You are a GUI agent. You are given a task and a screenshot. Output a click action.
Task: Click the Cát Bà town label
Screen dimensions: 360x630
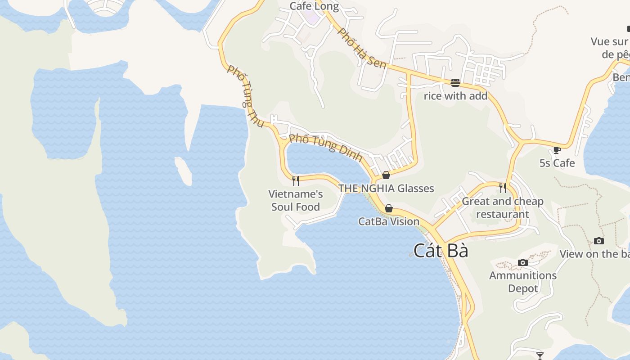441,251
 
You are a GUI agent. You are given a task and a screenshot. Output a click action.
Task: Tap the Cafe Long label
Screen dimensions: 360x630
314,6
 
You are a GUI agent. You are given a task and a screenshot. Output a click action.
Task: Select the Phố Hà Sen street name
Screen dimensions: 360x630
362,48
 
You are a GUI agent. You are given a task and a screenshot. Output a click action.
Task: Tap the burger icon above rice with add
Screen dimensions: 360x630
455,83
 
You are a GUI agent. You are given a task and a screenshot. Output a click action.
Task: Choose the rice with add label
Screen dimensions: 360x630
455,96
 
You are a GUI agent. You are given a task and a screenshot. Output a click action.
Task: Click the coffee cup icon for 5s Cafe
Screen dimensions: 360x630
557,150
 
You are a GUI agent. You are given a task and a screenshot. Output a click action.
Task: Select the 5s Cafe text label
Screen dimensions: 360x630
557,163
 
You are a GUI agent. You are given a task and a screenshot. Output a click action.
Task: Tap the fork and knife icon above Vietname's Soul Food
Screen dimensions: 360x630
296,181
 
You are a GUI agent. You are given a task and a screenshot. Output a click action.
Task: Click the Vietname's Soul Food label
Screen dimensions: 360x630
296,201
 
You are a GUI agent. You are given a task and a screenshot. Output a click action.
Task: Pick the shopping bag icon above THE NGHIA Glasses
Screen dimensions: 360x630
386,175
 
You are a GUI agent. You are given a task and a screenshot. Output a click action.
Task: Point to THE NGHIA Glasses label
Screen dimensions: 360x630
386,188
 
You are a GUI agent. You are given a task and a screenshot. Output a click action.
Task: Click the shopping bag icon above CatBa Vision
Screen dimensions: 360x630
389,208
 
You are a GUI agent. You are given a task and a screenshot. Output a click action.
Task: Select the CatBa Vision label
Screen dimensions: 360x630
389,221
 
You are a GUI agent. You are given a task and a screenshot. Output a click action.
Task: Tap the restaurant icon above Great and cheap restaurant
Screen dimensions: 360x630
503,188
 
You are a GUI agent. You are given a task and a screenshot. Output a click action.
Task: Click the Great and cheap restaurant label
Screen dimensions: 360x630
503,207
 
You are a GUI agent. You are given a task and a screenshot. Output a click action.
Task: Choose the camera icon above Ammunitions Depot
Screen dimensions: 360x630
523,262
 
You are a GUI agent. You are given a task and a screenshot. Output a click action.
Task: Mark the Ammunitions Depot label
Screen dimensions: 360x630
523,282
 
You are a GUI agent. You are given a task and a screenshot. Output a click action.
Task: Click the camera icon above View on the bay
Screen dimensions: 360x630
599,241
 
